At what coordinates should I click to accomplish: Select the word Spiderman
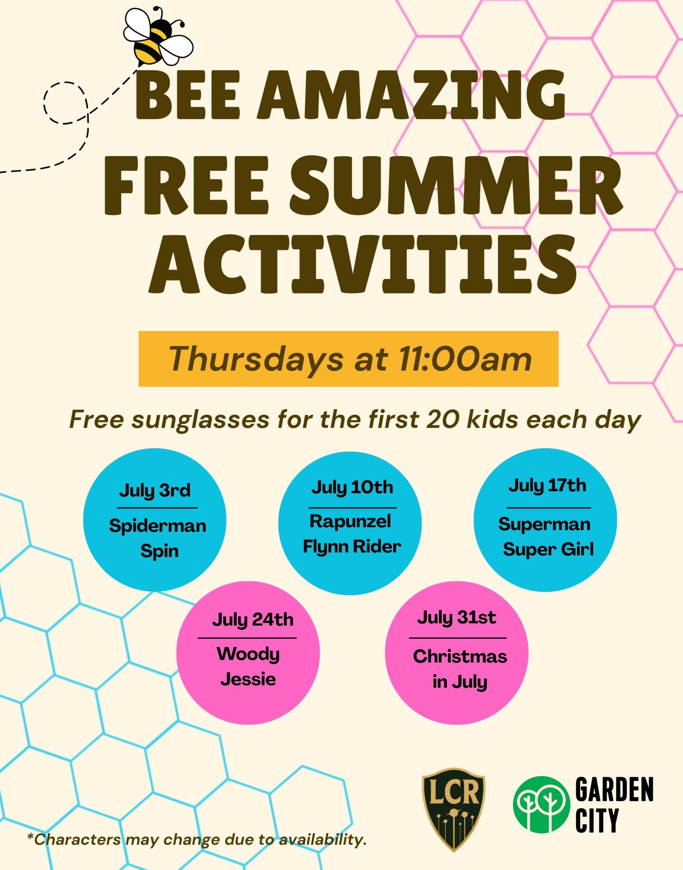tap(158, 526)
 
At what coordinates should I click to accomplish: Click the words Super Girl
tap(548, 550)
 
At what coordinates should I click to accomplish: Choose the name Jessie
tap(248, 679)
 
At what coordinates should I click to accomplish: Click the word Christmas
tap(460, 657)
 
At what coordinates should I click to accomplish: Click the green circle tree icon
tap(541, 804)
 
